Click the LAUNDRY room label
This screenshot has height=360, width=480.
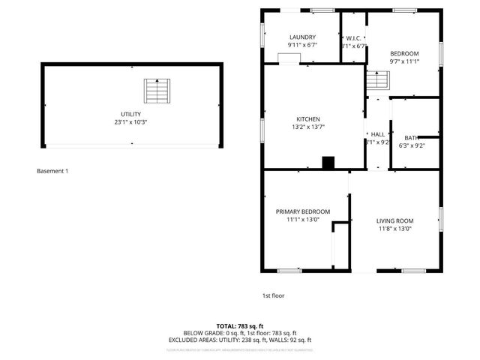pyautogui.click(x=302, y=37)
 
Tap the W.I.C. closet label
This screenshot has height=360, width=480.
pyautogui.click(x=354, y=37)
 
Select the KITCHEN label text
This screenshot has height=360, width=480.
pyautogui.click(x=308, y=119)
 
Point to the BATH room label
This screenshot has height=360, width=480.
pyautogui.click(x=412, y=137)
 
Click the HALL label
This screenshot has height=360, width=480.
pyautogui.click(x=377, y=134)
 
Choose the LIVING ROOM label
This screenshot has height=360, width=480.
pyautogui.click(x=394, y=220)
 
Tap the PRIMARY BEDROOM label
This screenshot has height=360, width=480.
pyautogui.click(x=302, y=211)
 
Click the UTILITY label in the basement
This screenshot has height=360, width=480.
pyautogui.click(x=131, y=113)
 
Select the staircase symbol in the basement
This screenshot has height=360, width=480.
pyautogui.click(x=156, y=91)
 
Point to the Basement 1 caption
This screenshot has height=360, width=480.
pyautogui.click(x=52, y=171)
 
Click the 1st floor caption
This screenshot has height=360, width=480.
pyautogui.click(x=273, y=295)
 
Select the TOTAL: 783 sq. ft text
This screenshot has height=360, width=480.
pyautogui.click(x=240, y=325)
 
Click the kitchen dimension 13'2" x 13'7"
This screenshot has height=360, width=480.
pyautogui.click(x=308, y=127)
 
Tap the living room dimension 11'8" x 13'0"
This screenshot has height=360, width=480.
pyautogui.click(x=394, y=229)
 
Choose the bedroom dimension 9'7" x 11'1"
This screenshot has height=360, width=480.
pyautogui.click(x=403, y=61)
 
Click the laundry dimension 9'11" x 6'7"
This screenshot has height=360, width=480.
pyautogui.click(x=302, y=45)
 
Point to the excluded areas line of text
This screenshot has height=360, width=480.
pyautogui.click(x=240, y=339)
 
